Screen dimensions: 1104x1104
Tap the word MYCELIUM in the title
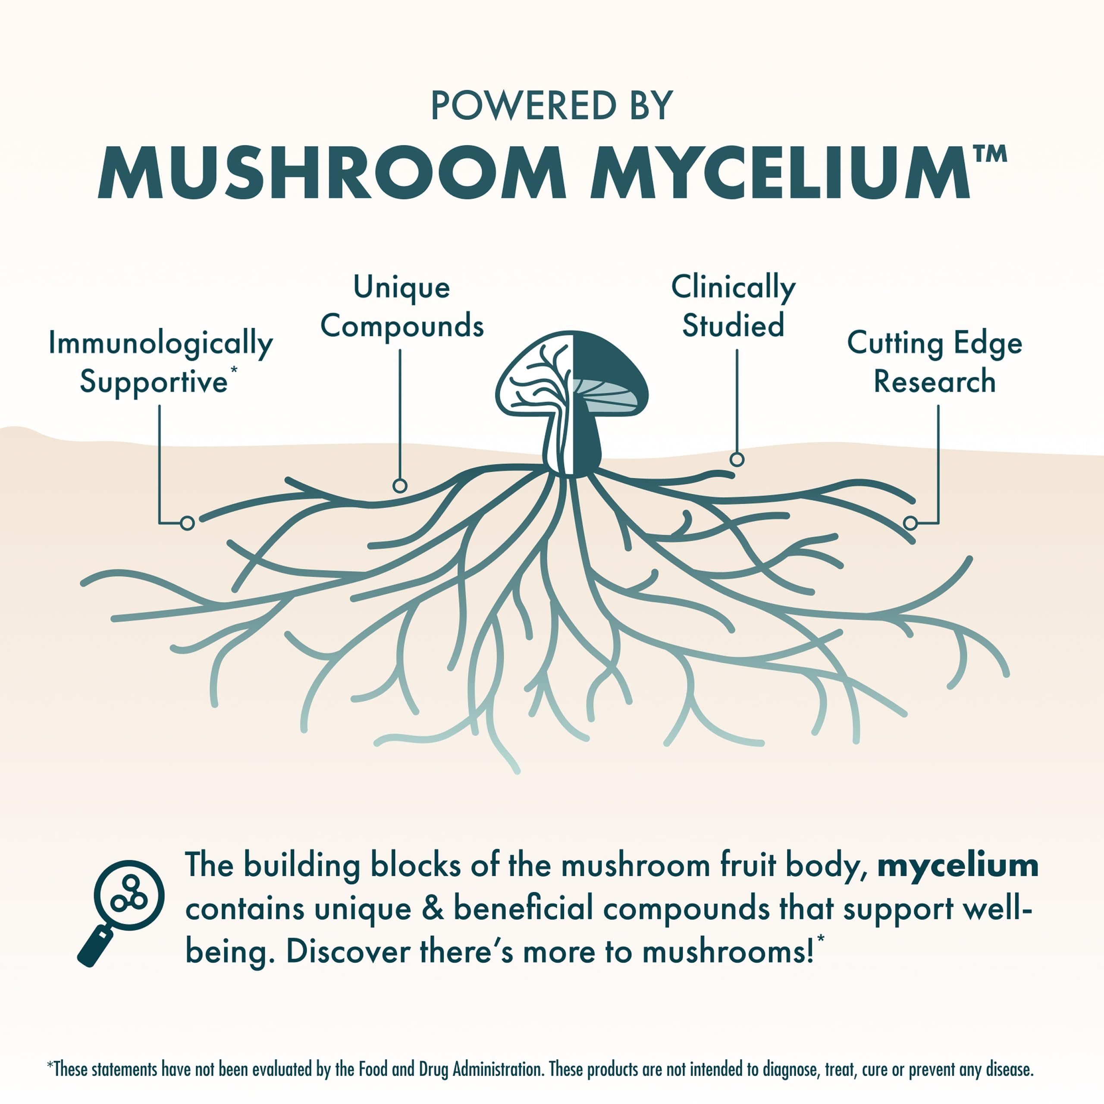coord(780,172)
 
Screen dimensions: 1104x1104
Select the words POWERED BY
coord(552,106)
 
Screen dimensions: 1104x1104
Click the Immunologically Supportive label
coord(160,362)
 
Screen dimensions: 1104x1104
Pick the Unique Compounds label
coord(402,307)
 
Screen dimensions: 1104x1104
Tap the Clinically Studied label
coord(733,307)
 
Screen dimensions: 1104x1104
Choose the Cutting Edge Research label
coord(934,362)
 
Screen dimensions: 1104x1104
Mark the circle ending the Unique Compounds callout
coord(400,486)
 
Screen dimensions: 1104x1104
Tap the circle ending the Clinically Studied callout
coord(737,459)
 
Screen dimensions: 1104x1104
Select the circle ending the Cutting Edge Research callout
coord(910,523)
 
